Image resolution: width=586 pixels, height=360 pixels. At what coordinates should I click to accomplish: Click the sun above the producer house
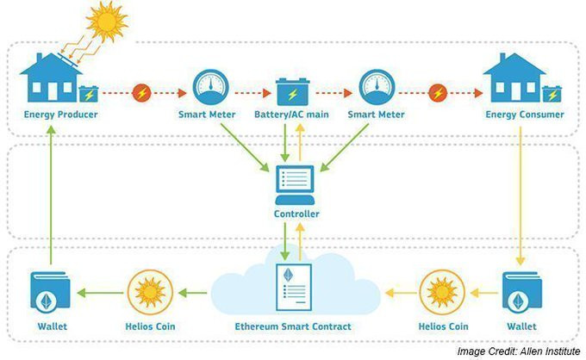coord(107,22)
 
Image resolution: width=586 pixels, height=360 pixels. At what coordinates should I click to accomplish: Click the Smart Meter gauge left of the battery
coord(210,87)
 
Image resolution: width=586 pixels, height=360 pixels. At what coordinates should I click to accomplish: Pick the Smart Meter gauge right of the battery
coord(377,87)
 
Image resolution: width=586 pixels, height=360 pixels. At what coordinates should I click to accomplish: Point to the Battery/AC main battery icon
coord(293,91)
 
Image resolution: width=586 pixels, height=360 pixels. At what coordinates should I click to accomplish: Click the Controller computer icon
coord(295,185)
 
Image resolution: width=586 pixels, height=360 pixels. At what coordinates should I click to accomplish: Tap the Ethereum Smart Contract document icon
coord(294,287)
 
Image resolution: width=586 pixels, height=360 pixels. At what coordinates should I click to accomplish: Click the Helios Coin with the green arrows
coord(150,293)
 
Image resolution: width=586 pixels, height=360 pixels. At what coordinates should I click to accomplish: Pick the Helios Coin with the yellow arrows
coord(442,293)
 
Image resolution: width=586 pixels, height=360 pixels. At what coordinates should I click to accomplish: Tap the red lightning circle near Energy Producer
coord(141,93)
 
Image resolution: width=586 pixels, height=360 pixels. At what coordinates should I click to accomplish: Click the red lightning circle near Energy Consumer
coord(438,93)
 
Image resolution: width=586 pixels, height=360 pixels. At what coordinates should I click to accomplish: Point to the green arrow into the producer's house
coord(52,195)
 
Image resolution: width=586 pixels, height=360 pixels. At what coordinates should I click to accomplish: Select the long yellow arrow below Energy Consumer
coord(521,196)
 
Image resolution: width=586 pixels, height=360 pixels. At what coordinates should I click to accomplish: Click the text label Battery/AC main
coord(291,115)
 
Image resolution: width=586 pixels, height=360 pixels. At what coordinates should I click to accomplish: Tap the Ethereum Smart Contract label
coord(293,326)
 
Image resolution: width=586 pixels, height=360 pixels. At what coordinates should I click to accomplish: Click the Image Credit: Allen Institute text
coord(519,351)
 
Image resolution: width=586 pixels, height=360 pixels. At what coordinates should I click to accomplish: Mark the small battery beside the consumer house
coord(552,94)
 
